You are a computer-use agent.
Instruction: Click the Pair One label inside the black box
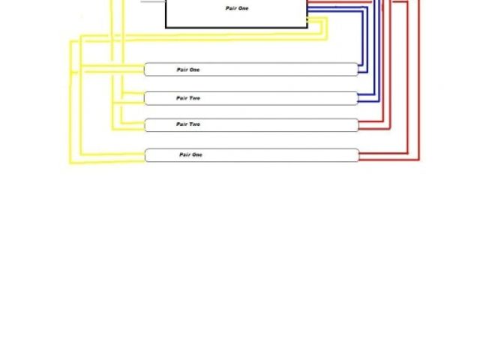[236, 8]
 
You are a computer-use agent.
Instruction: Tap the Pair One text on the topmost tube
[188, 70]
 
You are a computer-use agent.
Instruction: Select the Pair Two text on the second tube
[188, 98]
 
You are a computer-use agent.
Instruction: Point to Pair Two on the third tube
[188, 124]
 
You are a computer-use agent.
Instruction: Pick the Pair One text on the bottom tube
[190, 154]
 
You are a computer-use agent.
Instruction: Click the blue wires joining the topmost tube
[362, 70]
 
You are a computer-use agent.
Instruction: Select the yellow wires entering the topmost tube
[112, 69]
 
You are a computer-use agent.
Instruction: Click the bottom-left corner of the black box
[166, 27]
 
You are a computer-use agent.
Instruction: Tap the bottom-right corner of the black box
[307, 27]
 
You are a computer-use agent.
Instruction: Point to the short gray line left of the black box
[152, 1]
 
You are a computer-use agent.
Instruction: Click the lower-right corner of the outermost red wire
[419, 160]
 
